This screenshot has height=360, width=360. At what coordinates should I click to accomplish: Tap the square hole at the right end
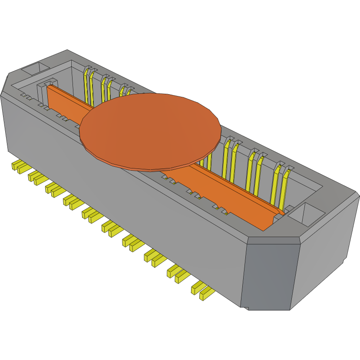(x=307, y=215)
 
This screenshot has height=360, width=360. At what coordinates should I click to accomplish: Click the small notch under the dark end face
(x=245, y=308)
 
